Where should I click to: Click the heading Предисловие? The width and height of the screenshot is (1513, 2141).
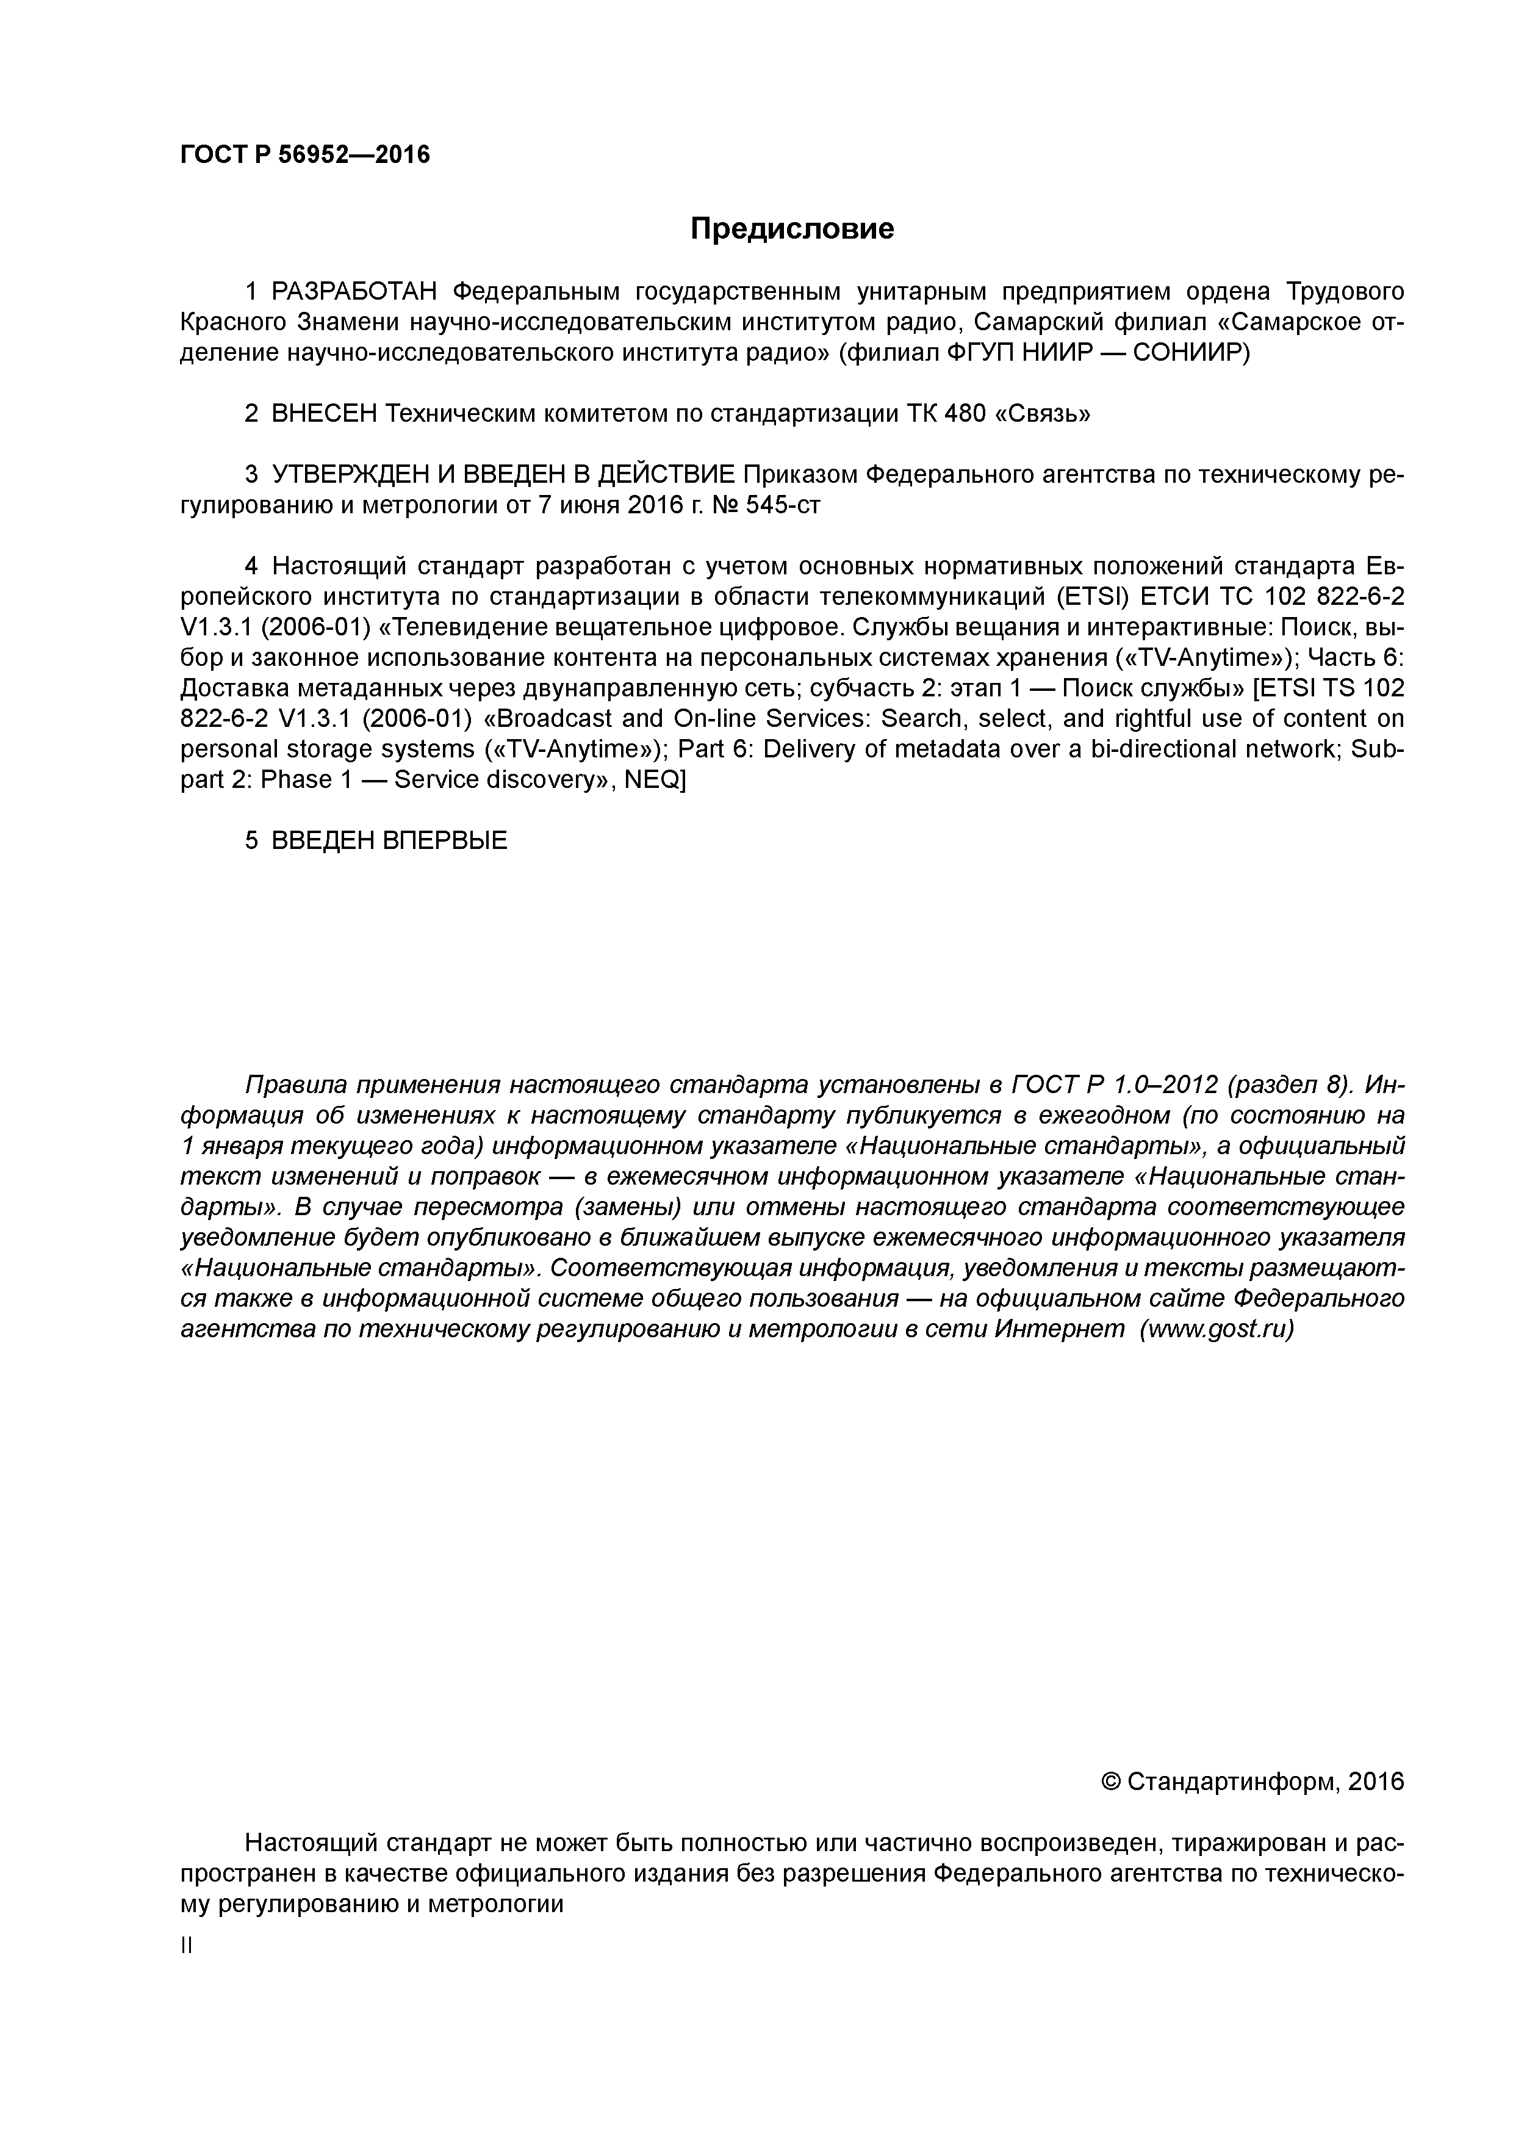pyautogui.click(x=791, y=228)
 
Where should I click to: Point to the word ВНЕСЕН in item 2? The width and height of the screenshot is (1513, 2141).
pyautogui.click(x=322, y=414)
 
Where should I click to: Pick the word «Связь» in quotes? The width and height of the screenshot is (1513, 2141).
pyautogui.click(x=1043, y=414)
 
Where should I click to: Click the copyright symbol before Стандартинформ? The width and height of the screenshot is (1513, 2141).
pyautogui.click(x=1110, y=1783)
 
